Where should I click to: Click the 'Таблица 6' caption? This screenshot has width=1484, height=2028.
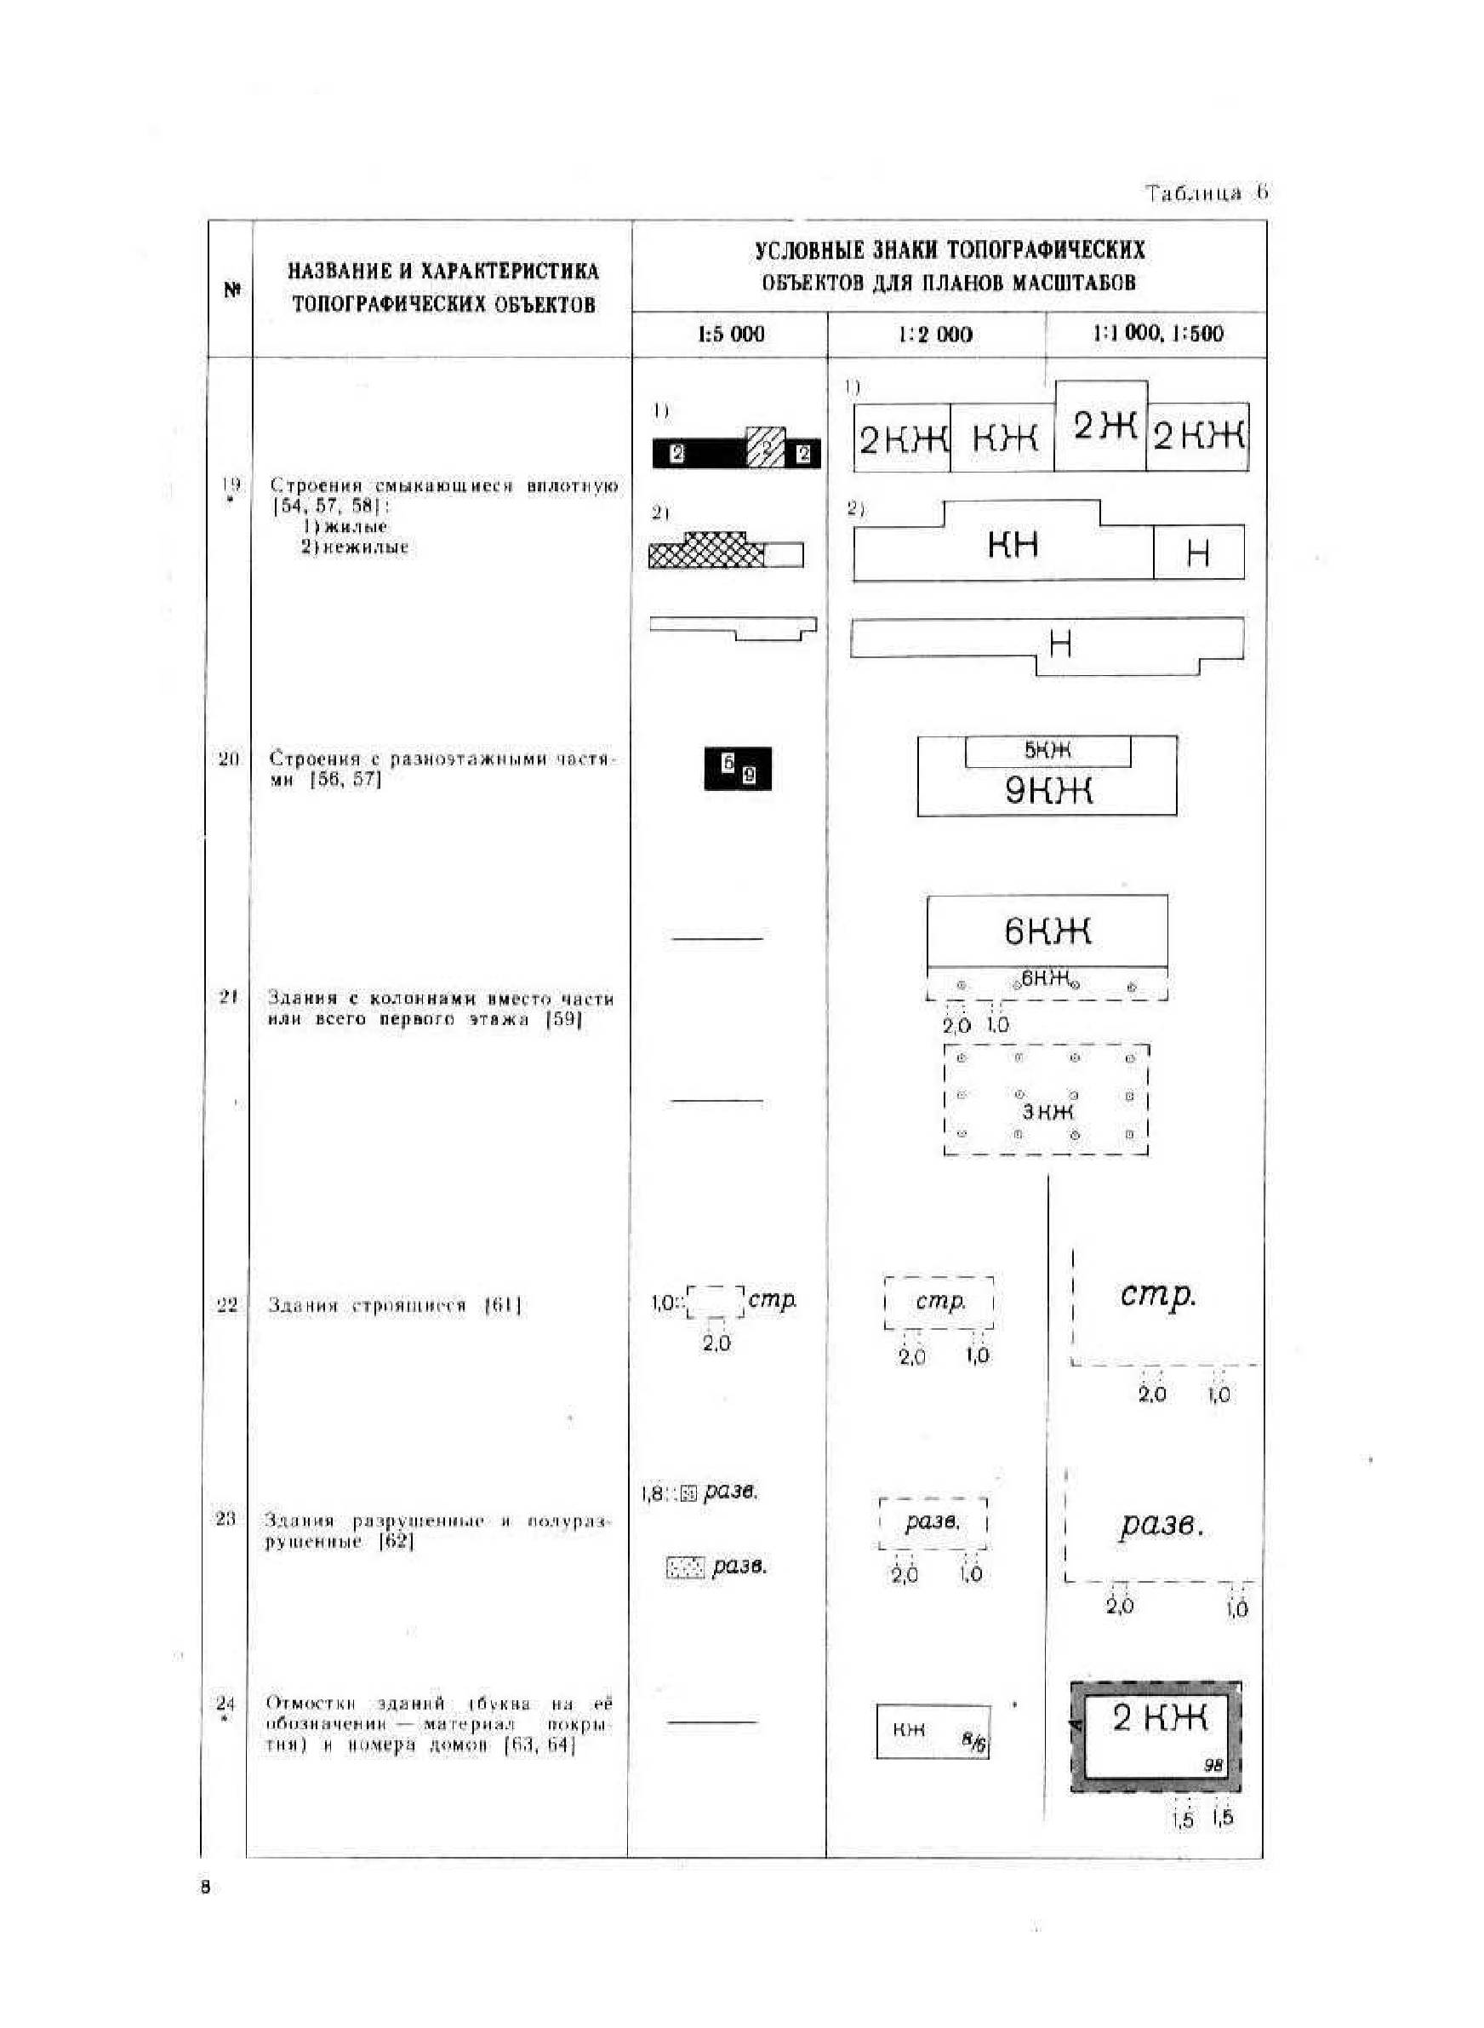coord(1206,192)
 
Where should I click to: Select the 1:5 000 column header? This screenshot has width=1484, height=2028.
coord(731,335)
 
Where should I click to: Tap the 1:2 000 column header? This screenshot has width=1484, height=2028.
coord(935,335)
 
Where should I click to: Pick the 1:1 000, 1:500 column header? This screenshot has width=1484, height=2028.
coord(1157,334)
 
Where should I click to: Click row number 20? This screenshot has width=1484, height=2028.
coord(228,759)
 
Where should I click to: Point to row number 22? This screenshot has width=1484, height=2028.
coord(226,1304)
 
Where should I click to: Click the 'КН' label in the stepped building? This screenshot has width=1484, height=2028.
coord(1013,545)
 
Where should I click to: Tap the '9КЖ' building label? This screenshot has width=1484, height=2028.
coord(1047,791)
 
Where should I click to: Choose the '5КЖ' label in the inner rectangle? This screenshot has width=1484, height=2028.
coord(1047,750)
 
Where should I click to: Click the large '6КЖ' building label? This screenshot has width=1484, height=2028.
coord(1047,931)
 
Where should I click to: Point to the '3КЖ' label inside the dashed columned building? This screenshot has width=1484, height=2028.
coord(1047,1112)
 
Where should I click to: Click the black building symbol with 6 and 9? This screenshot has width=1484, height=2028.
coord(738,769)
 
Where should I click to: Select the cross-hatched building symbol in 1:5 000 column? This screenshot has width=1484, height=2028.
coord(707,551)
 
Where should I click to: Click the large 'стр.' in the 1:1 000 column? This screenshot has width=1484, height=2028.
coord(1158,1295)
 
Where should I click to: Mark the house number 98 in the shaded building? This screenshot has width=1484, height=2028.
coord(1213,1766)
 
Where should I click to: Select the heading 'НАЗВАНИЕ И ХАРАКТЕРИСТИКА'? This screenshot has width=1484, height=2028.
coord(442,272)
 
